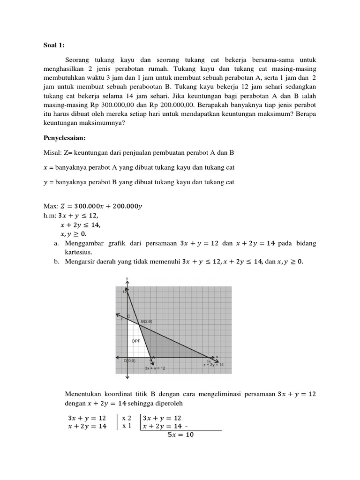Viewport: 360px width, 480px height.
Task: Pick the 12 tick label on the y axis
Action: point(125,292)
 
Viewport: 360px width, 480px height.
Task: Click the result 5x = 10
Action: point(180,435)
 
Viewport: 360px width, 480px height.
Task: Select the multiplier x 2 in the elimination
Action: point(127,418)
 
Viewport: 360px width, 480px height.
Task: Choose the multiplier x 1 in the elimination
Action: point(127,426)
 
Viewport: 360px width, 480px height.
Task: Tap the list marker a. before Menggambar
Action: point(57,243)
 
